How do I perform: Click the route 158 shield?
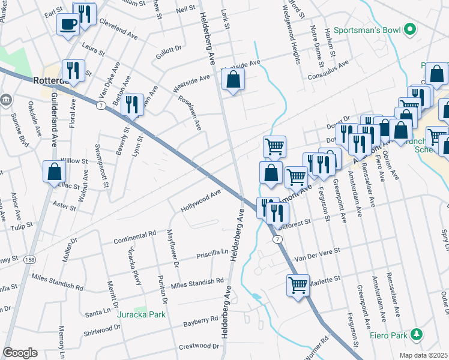(x=29, y=260)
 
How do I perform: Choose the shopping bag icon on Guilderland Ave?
(x=54, y=172)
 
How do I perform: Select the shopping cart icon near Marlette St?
(x=298, y=285)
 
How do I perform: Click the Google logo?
(x=20, y=353)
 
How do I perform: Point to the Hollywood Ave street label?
(x=201, y=202)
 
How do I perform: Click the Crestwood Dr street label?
(x=199, y=346)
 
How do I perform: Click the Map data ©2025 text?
(x=423, y=355)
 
